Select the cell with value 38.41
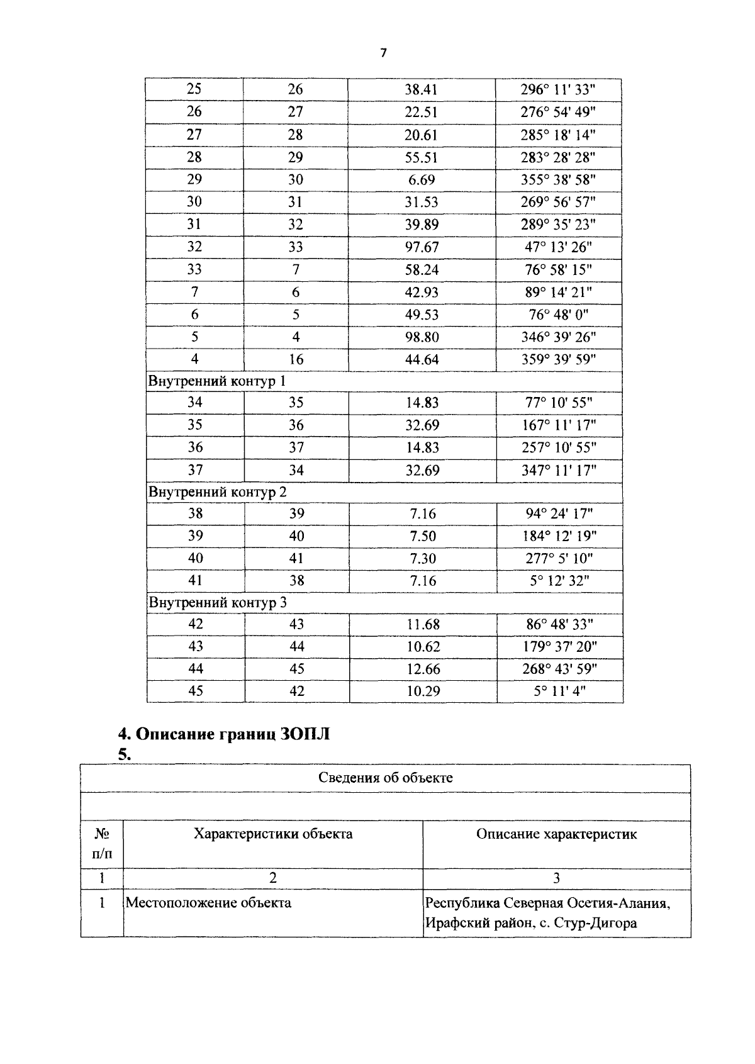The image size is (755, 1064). tap(421, 90)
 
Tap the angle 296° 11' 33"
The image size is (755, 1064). tap(557, 90)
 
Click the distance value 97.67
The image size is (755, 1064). tap(422, 247)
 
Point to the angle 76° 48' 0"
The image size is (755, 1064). tap(558, 315)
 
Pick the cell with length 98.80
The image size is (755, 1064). tap(422, 337)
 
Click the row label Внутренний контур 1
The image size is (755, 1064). tap(216, 381)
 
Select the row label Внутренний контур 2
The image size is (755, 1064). tap(217, 492)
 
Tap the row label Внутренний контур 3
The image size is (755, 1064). tap(217, 603)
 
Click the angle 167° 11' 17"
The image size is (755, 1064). tap(559, 425)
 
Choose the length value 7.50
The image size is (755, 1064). tap(422, 536)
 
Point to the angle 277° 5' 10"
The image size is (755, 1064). tap(559, 558)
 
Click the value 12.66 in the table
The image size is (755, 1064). tap(423, 669)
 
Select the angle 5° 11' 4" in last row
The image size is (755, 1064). tap(559, 691)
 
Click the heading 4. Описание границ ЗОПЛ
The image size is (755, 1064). tap(224, 734)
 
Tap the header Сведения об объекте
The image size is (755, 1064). tap(385, 778)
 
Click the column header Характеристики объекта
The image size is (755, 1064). tap(273, 834)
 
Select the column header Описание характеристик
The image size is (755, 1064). tap(556, 834)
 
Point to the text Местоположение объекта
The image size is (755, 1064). tap(208, 903)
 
